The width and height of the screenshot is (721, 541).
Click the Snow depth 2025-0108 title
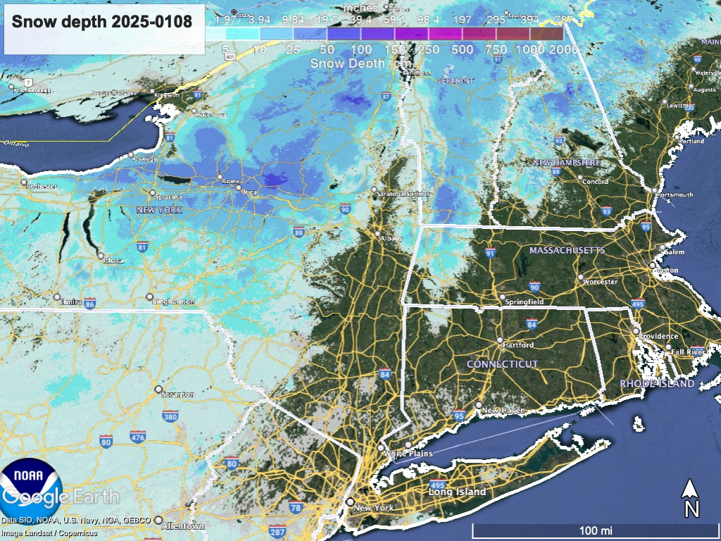pyautogui.click(x=102, y=21)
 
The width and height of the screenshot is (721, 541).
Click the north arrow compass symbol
pyautogui.click(x=691, y=497)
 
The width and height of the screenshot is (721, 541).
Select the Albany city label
pyautogui.click(x=391, y=239)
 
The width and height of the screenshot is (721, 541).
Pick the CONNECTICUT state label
pyautogui.click(x=503, y=364)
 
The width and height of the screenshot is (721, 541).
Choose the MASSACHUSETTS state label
pyautogui.click(x=568, y=251)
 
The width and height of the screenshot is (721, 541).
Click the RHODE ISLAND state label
pyautogui.click(x=657, y=384)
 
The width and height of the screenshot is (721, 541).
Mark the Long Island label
pyautogui.click(x=457, y=492)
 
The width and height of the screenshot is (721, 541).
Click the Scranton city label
pyautogui.click(x=177, y=394)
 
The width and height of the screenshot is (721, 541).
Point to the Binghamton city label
pyautogui.click(x=173, y=301)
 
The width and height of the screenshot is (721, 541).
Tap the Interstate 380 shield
pyautogui.click(x=170, y=416)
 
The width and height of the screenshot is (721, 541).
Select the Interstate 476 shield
pyautogui.click(x=138, y=437)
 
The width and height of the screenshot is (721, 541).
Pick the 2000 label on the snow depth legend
pyautogui.click(x=564, y=50)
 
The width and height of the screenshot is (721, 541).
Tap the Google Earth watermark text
pyautogui.click(x=60, y=497)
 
